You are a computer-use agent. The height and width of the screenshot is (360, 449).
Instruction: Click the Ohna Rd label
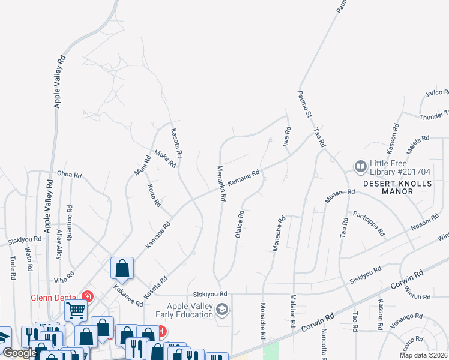(69, 175)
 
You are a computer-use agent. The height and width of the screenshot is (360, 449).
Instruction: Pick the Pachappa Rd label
(369, 223)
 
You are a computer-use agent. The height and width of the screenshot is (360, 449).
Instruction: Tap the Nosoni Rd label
(425, 223)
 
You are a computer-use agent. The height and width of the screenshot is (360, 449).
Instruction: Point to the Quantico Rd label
(71, 223)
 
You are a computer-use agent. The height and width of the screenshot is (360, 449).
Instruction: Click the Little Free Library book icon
(361, 166)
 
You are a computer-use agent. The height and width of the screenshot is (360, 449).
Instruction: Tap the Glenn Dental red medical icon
(88, 296)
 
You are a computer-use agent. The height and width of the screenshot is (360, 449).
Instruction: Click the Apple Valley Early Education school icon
(222, 310)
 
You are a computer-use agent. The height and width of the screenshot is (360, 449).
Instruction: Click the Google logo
(19, 353)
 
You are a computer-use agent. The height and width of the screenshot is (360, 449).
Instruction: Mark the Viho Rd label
(64, 275)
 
